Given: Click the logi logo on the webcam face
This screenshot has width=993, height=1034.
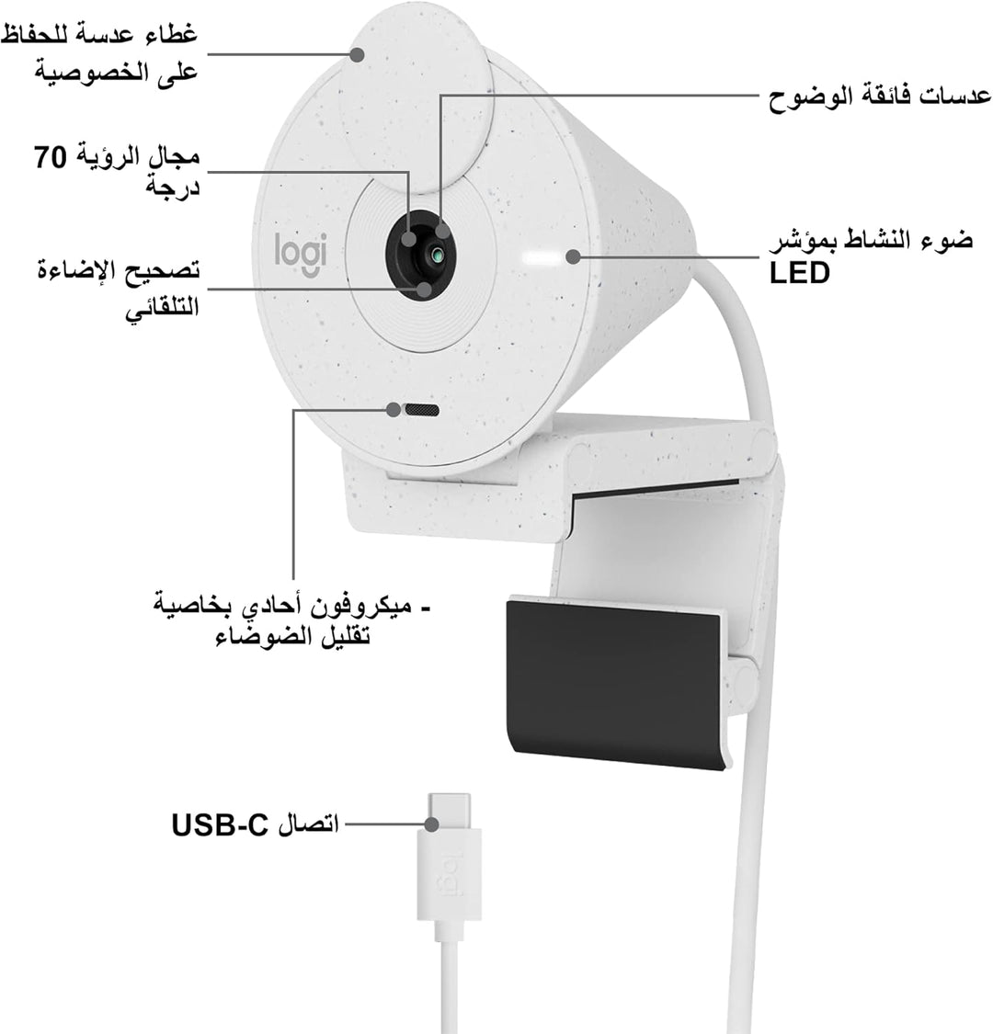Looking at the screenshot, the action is coord(301,255).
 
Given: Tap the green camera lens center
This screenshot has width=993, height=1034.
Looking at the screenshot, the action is coord(436,255).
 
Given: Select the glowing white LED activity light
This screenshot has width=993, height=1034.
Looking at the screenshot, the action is coord(541,256).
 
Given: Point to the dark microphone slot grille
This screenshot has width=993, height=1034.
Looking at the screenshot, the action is coord(422,410).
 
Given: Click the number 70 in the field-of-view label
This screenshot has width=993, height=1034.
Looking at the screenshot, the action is coord(51,157).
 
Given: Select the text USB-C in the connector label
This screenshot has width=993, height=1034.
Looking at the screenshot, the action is coord(220,825).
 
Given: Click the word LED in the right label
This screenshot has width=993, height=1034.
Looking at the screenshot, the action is coord(799,272).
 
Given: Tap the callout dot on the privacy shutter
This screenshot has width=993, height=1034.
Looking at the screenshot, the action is coord(357,54).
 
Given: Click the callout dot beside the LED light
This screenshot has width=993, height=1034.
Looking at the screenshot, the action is coord(574,256).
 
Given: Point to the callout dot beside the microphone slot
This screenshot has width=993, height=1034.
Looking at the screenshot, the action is coord(394,410).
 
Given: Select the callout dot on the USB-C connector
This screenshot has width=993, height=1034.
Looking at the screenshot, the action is coord(431,824).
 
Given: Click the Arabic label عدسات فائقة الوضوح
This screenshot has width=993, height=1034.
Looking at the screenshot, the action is coord(880,97).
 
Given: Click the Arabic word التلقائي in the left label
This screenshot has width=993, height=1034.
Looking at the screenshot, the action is coord(163,308).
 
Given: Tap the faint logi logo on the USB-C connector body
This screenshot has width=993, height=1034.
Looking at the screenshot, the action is coord(450,875).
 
